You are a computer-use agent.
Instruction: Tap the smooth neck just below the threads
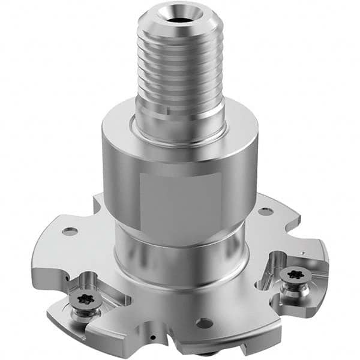tap(180, 107)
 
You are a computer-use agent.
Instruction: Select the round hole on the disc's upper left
tap(70, 231)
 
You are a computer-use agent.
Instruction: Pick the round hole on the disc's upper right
tap(265, 211)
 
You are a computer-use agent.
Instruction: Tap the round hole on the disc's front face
tap(203, 323)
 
